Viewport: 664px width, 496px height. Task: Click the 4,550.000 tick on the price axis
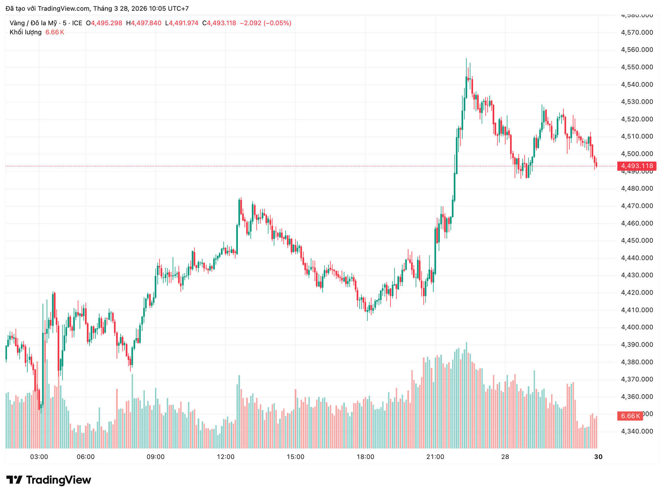point(637,67)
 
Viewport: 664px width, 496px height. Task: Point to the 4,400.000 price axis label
point(637,327)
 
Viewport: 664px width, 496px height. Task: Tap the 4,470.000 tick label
point(637,206)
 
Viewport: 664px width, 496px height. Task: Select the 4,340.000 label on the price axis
point(637,431)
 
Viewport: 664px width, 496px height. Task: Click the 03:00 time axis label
point(39,457)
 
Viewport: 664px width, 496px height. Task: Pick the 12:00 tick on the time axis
point(225,457)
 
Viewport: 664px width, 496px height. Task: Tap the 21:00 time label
point(435,457)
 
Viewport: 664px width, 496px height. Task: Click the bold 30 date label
point(598,457)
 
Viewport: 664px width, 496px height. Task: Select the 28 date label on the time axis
point(505,457)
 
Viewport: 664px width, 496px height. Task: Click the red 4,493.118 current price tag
point(637,166)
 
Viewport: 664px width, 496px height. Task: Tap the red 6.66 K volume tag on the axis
point(630,416)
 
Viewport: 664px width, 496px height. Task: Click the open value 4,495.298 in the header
point(107,23)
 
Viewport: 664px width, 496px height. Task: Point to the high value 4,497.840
point(146,23)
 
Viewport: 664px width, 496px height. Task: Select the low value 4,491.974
point(184,23)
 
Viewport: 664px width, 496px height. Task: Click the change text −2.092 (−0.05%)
point(266,23)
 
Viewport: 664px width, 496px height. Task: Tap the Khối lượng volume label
point(26,33)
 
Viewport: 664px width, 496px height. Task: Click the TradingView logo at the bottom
point(49,480)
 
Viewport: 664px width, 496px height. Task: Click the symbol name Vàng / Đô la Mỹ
point(33,23)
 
